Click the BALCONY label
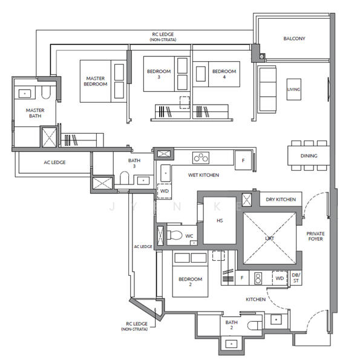tap(294, 39)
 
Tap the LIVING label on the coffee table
tap(294, 90)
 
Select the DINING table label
tap(309, 156)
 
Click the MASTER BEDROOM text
tap(96, 81)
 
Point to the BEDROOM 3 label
tap(159, 74)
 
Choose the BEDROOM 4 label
tap(224, 74)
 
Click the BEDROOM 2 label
tap(191, 281)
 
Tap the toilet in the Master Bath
tap(46, 93)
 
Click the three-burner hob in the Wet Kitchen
tap(201, 158)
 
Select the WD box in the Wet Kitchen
tap(165, 191)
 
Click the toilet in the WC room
tap(175, 235)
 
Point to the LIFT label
tap(269, 238)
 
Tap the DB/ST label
tap(296, 278)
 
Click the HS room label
tap(220, 221)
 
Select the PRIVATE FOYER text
tap(315, 236)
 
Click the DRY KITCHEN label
tap(281, 200)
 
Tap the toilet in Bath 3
tap(124, 178)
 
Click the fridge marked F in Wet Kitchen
tap(243, 160)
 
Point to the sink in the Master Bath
tap(25, 94)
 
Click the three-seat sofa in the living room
tap(267, 90)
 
